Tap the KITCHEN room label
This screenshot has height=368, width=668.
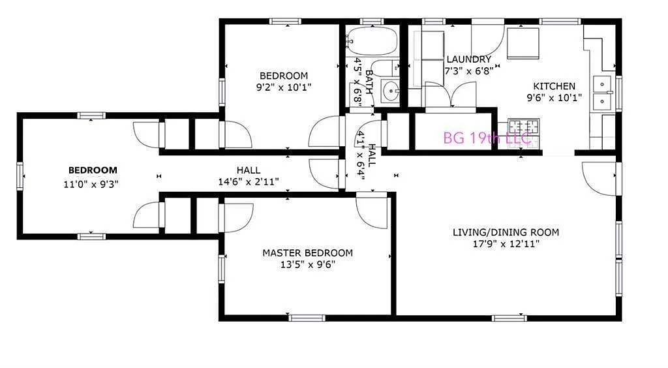pyautogui.click(x=554, y=86)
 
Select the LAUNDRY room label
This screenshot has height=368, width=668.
pyautogui.click(x=468, y=59)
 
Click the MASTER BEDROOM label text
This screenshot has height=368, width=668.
pyautogui.click(x=307, y=253)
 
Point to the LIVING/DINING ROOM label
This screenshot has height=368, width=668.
pyautogui.click(x=506, y=232)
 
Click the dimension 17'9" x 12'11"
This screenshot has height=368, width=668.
pyautogui.click(x=506, y=244)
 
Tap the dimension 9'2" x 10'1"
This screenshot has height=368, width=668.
pyautogui.click(x=283, y=87)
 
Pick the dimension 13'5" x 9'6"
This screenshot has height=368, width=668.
pyautogui.click(x=307, y=265)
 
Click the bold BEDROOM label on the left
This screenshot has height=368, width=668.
pyautogui.click(x=93, y=170)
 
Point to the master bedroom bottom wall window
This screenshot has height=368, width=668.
pyautogui.click(x=307, y=318)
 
